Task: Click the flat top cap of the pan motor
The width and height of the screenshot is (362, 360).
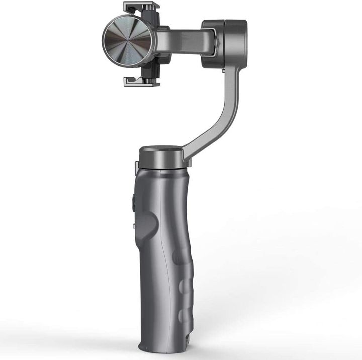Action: click(160, 150)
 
